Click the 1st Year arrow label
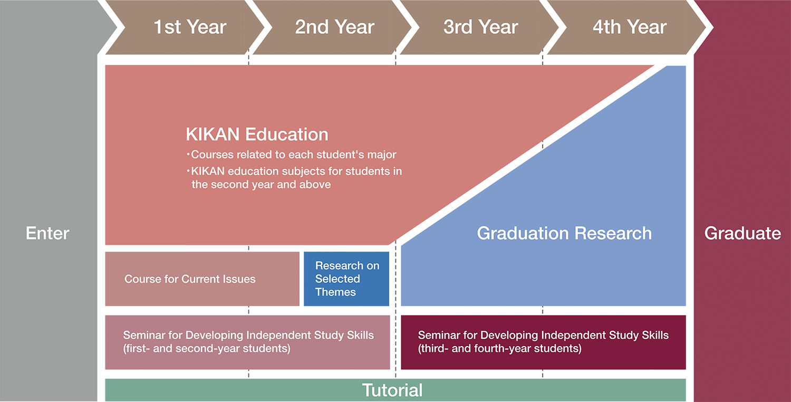(x=190, y=27)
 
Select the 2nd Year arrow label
(x=334, y=27)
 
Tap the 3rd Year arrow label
(x=480, y=27)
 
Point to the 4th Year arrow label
(x=630, y=27)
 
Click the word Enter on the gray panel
(x=47, y=233)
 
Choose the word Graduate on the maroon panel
(x=742, y=233)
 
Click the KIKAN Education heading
(x=257, y=134)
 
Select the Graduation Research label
(x=564, y=233)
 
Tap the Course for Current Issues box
(x=202, y=279)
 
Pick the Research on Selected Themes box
(x=346, y=279)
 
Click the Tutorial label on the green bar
(x=392, y=390)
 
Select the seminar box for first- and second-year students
(x=247, y=342)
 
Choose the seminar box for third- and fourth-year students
(x=544, y=342)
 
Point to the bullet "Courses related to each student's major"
(x=292, y=155)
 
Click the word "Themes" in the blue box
(x=335, y=292)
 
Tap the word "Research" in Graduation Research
(x=613, y=233)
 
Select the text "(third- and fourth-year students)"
(x=500, y=348)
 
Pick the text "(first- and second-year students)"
(x=207, y=348)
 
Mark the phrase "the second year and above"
(x=262, y=185)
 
